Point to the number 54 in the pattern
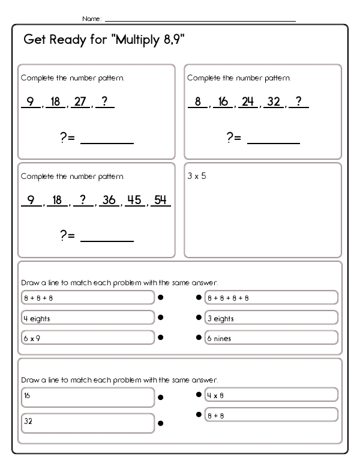click(x=160, y=200)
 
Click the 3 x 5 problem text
click(x=196, y=177)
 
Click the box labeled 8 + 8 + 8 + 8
click(x=271, y=297)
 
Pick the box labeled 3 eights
click(x=271, y=318)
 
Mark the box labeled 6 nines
click(x=271, y=337)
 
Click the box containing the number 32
click(x=88, y=423)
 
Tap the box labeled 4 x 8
click(x=271, y=395)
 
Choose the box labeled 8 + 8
click(x=271, y=415)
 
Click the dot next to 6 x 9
click(x=161, y=337)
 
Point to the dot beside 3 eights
click(x=199, y=317)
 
